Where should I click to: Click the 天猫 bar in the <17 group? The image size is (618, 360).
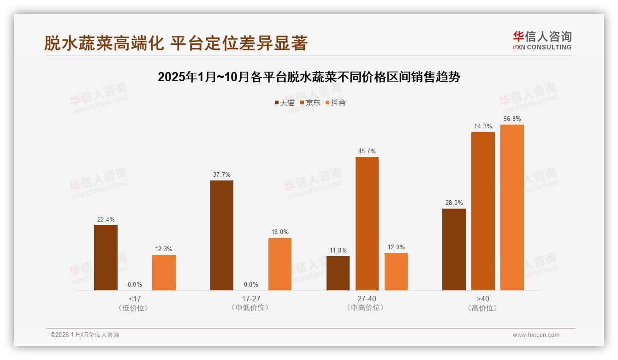click(x=106, y=258)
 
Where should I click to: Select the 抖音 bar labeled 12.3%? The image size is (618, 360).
click(x=164, y=272)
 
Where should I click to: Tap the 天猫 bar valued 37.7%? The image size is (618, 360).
click(x=222, y=235)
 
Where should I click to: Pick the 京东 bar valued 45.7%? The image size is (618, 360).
click(x=367, y=223)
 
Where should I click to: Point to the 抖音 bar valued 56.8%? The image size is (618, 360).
click(x=512, y=207)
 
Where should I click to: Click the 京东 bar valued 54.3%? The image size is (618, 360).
click(x=483, y=211)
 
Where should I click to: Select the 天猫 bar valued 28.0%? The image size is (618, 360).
click(x=454, y=249)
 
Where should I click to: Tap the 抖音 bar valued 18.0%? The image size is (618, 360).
click(x=280, y=264)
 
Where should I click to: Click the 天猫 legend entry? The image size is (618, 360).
click(x=285, y=102)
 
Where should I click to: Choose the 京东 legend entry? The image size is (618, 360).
click(x=310, y=102)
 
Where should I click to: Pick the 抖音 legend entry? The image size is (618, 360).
click(x=336, y=102)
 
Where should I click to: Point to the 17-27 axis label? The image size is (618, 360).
click(x=251, y=299)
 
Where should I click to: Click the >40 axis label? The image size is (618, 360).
click(x=483, y=299)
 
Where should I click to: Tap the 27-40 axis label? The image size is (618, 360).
click(x=367, y=299)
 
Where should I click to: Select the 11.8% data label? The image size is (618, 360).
click(x=338, y=251)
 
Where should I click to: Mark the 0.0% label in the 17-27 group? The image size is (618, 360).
click(x=251, y=285)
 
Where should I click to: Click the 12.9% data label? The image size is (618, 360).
click(x=396, y=247)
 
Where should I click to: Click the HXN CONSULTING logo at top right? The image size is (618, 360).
click(x=542, y=41)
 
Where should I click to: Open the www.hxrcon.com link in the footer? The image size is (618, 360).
click(x=536, y=335)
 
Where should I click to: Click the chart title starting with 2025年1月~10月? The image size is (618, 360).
click(x=309, y=77)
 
